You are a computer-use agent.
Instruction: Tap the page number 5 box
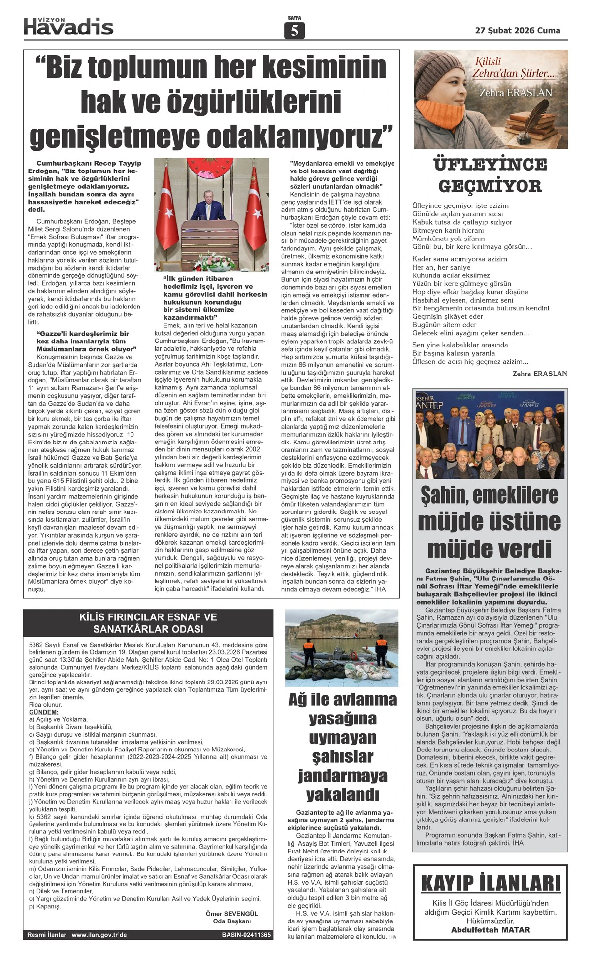295,31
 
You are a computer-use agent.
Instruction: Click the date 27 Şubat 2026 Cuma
518,30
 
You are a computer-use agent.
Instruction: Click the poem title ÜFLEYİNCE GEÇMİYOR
490,175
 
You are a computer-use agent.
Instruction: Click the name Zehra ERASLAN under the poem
539,374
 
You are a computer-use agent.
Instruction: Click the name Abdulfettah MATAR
491,930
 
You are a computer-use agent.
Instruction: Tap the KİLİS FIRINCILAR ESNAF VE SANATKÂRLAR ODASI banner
148,623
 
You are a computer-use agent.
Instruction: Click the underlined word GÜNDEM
44,712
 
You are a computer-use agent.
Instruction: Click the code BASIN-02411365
246,935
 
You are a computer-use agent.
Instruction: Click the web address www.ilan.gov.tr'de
99,935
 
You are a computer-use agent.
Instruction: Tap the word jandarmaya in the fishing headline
342,776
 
